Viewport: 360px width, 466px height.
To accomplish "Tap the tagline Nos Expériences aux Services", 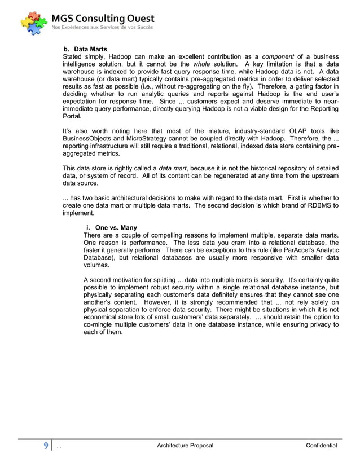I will tap(102, 27).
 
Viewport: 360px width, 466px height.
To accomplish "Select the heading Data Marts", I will tap(90, 49).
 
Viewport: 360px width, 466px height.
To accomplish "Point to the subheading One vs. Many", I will tap(116, 228).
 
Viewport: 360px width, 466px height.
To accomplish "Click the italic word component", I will tap(279, 57).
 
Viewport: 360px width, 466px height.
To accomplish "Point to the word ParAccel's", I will tap(294, 250).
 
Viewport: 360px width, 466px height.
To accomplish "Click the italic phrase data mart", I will tap(173, 168).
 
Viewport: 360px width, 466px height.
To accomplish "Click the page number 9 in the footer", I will tap(46, 446).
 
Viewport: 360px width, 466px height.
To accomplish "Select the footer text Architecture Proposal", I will tap(185, 446).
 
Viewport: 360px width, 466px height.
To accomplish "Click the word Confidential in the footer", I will tap(321, 446).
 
